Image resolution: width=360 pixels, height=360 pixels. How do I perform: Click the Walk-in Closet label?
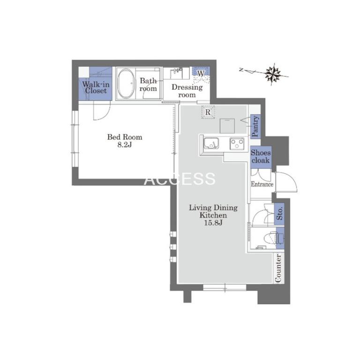coord(96,88)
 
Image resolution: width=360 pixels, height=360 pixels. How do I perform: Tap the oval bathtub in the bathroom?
coord(126,83)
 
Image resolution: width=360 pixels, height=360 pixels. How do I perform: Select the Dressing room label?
coord(187,91)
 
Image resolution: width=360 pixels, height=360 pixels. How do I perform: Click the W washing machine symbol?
coord(201,74)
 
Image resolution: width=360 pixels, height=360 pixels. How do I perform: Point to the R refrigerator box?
coord(208,112)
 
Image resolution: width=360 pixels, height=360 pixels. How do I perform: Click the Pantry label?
coord(255,127)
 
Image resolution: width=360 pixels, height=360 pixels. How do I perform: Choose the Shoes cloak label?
coord(261,157)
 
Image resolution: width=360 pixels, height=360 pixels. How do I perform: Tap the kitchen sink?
coord(211,144)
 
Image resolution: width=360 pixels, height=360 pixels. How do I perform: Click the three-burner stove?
coord(237,144)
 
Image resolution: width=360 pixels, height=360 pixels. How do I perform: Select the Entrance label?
coord(262,184)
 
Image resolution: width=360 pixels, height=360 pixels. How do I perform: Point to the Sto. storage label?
coord(279,214)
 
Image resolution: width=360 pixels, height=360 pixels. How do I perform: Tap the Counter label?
coord(278,268)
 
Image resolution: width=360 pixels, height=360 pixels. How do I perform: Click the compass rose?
coord(273,74)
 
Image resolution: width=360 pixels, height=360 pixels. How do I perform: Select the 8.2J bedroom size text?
coord(125,145)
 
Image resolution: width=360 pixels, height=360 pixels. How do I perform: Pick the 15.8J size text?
coord(213,223)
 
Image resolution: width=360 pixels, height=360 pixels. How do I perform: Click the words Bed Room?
coord(125,137)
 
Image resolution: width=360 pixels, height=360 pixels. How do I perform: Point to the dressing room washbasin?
coord(176,73)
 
